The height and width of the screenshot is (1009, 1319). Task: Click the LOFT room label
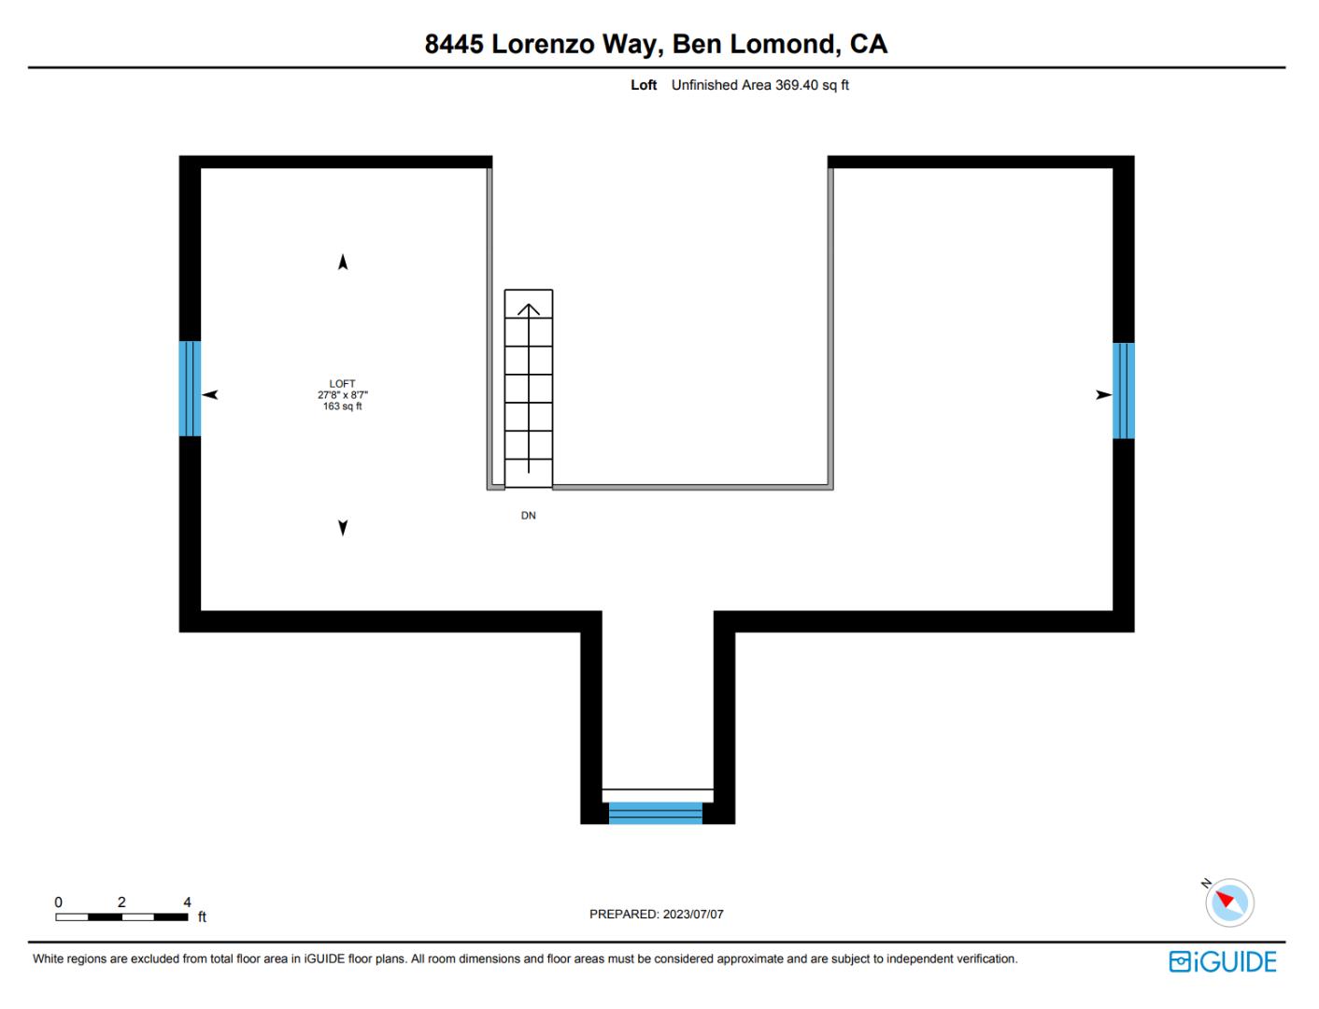tap(342, 384)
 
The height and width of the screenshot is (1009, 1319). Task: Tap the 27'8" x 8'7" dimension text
tap(342, 395)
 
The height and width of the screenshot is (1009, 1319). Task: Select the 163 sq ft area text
tap(342, 406)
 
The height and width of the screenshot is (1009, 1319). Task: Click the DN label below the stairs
tap(529, 516)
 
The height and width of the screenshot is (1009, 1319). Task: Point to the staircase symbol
tap(529, 388)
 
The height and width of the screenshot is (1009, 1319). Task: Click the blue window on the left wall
tap(190, 389)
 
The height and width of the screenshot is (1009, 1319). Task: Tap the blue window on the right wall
tap(1123, 391)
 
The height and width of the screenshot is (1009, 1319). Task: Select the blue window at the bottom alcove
tap(655, 813)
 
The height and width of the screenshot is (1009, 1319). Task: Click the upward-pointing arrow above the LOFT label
tap(343, 263)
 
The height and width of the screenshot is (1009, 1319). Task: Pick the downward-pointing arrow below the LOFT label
tap(343, 528)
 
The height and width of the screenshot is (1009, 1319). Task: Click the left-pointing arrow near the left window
tap(210, 395)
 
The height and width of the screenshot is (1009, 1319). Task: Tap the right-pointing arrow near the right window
tap(1103, 395)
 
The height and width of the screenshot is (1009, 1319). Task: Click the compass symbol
tap(1228, 902)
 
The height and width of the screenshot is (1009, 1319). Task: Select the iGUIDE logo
tap(1222, 961)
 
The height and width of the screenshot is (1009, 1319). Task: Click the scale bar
tap(121, 917)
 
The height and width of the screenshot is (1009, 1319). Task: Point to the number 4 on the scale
tap(187, 902)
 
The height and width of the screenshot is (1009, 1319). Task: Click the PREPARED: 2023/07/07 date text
tap(656, 915)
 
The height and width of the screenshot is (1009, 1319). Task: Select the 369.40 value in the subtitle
tap(796, 85)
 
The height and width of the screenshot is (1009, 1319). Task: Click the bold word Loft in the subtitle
tap(644, 85)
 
